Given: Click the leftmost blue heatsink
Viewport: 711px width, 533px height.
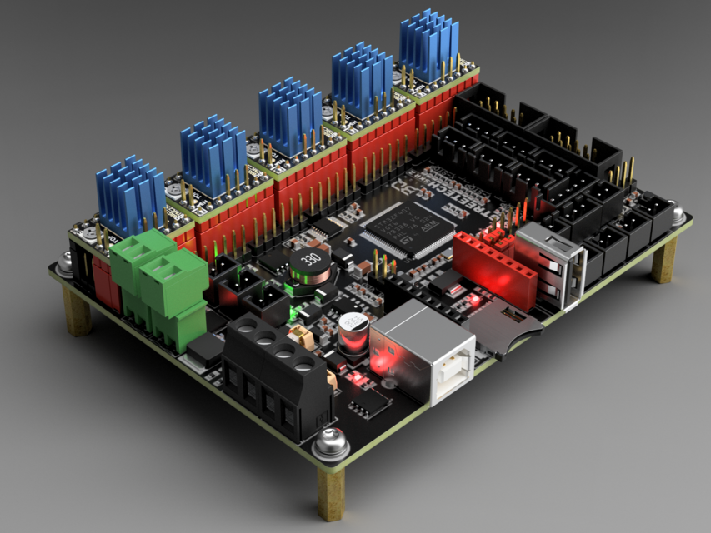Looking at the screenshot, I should coord(130,194).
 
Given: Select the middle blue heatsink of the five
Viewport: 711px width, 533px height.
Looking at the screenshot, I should coord(289,116).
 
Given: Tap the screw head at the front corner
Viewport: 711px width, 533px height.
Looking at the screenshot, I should coord(330,442).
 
